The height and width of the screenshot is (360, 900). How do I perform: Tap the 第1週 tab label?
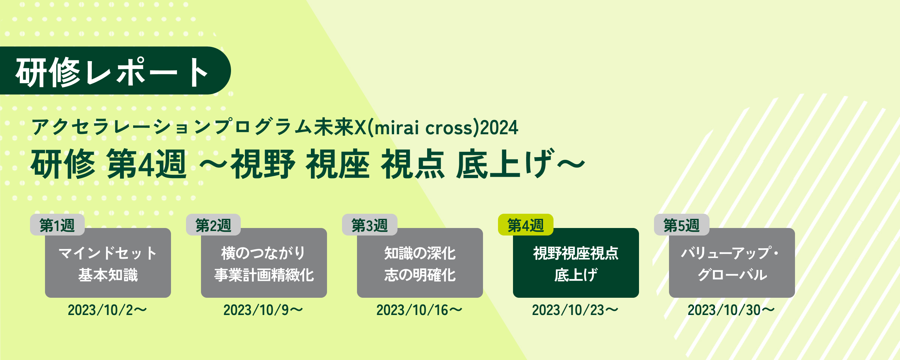click(57, 225)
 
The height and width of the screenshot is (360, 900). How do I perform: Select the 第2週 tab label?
click(213, 225)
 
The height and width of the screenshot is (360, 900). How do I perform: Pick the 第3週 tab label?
click(370, 225)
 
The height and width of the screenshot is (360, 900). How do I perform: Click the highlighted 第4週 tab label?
click(526, 225)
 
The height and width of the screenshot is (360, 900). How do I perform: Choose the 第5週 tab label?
click(682, 225)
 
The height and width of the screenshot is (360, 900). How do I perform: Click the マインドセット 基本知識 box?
click(108, 263)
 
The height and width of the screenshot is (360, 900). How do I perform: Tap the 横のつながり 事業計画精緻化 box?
click(264, 263)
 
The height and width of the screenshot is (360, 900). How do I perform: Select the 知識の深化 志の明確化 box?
click(420, 263)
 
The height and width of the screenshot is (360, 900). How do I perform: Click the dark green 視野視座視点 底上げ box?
click(576, 263)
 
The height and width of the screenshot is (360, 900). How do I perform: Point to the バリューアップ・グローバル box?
click(732, 263)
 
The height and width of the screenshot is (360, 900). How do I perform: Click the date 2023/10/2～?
click(107, 310)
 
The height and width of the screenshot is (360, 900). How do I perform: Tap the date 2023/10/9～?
click(263, 310)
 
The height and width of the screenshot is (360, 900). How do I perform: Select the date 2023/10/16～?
click(419, 310)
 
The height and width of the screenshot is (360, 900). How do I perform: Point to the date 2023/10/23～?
click(575, 310)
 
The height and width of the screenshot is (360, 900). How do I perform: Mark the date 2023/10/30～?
click(731, 310)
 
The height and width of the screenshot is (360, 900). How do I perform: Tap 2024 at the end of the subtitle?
click(499, 127)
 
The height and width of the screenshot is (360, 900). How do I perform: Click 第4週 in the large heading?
click(147, 163)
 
